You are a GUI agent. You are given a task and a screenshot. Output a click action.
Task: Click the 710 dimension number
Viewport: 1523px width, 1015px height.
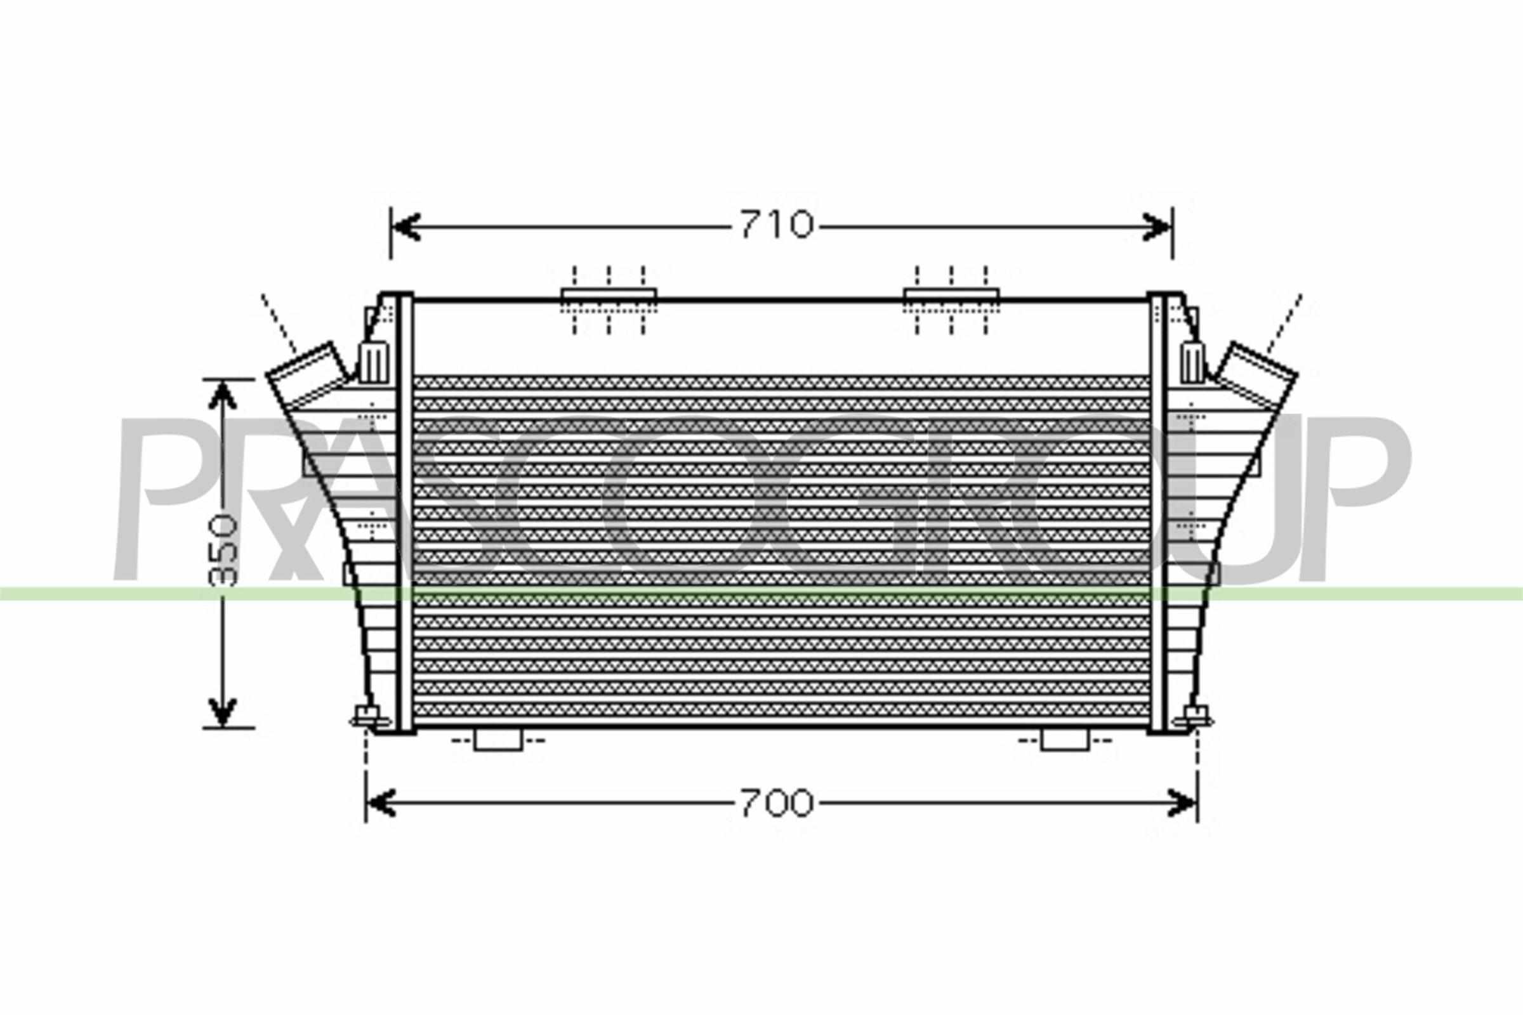click(775, 225)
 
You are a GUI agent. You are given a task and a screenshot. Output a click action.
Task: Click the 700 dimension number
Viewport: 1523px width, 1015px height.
click(775, 803)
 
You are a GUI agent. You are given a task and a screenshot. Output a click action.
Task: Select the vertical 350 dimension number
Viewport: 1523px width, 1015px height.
click(223, 551)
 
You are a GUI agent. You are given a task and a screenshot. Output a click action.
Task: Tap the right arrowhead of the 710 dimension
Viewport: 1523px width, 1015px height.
click(1159, 226)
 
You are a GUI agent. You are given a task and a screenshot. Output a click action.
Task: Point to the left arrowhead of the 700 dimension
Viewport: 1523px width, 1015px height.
click(381, 803)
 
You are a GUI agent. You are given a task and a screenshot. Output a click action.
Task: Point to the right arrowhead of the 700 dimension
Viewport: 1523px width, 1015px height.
click(1183, 803)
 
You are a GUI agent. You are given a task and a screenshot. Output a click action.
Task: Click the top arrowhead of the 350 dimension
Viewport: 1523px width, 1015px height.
click(222, 395)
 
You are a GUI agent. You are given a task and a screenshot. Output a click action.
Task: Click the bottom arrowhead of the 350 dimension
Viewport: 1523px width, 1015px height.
click(222, 711)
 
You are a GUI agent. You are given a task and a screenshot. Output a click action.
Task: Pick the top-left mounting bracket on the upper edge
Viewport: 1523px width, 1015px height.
click(609, 296)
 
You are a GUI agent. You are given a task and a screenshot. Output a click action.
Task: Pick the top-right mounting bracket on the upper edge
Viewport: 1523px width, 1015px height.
click(951, 296)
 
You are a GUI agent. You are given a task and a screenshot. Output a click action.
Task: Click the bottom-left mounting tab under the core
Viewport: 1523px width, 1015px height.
click(498, 740)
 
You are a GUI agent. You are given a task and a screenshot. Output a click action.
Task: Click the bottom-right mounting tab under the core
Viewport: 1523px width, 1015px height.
click(1065, 740)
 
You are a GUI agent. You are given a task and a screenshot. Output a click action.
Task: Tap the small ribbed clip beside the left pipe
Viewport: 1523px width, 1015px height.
click(374, 362)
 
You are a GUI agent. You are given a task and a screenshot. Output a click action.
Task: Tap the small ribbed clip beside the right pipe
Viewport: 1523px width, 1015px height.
click(1192, 362)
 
